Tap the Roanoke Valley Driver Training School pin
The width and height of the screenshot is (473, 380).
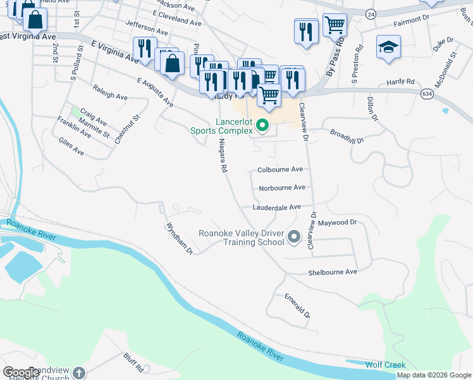click(x=293, y=237)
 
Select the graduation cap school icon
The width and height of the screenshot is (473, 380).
click(x=388, y=47)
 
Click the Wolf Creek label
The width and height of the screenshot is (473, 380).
click(x=384, y=365)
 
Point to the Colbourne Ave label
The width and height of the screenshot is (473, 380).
click(x=280, y=170)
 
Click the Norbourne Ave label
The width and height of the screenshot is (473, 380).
click(x=282, y=187)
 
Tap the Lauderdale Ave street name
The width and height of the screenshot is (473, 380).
click(x=276, y=207)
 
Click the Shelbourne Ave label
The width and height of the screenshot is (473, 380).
click(x=333, y=272)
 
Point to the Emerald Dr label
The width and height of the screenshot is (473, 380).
click(x=297, y=305)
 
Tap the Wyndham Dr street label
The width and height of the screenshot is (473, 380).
click(x=180, y=239)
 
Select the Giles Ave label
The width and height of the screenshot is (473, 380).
click(x=71, y=148)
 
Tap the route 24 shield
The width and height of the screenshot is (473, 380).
click(x=371, y=13)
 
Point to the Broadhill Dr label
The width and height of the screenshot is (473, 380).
click(x=347, y=137)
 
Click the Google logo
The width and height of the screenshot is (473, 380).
click(x=21, y=373)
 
